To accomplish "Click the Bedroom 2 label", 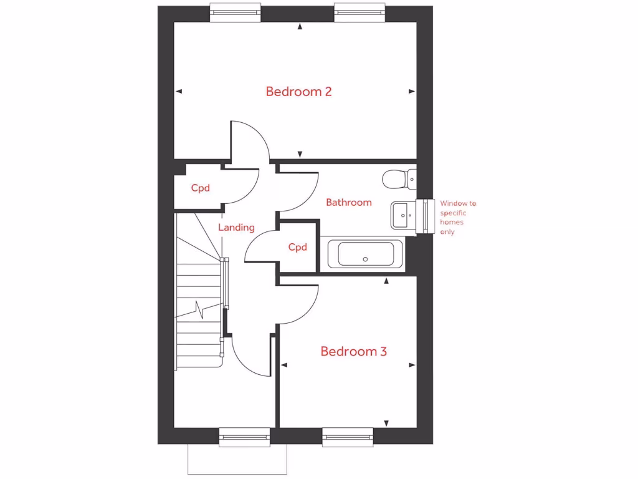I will click(x=298, y=92).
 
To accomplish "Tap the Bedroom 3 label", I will click(x=353, y=352).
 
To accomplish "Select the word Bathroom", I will click(x=349, y=202).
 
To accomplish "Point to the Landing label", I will click(x=236, y=228).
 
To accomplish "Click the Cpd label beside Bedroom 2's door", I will click(x=200, y=188).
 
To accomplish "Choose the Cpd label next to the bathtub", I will click(x=298, y=247).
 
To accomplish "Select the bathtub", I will click(x=364, y=254).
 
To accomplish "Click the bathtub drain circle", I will click(x=366, y=259).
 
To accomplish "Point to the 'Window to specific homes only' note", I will click(x=458, y=217).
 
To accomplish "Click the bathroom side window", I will click(x=427, y=216).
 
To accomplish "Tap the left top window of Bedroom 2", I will click(x=235, y=11).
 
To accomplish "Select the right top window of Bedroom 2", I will click(x=359, y=11).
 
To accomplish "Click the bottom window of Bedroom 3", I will click(x=348, y=438).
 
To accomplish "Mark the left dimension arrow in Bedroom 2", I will click(x=179, y=92).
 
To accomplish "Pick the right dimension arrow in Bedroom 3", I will click(x=412, y=365).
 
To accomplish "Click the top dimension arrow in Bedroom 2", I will click(x=300, y=27).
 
